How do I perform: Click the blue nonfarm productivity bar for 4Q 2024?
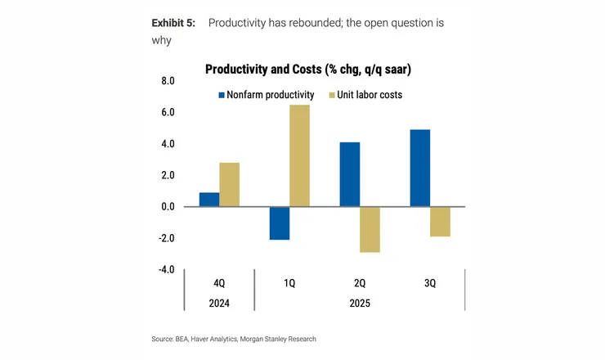(209, 200)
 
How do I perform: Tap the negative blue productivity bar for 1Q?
(280, 223)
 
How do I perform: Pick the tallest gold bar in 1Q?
(300, 155)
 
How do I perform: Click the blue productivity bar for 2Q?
(349, 174)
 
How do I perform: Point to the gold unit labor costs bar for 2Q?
(370, 229)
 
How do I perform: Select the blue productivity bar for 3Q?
(419, 168)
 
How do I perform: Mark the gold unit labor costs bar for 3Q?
(440, 221)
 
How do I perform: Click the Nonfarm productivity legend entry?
(267, 95)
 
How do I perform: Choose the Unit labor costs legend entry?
(365, 95)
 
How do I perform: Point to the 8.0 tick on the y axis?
(167, 81)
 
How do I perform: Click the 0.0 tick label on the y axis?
(167, 207)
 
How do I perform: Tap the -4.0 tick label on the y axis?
(165, 269)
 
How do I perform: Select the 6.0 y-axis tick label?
(167, 113)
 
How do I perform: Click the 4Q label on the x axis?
(219, 283)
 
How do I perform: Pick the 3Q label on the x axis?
(430, 283)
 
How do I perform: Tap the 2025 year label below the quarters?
(360, 302)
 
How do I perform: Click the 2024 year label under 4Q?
(219, 302)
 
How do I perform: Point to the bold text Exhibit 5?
(174, 23)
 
